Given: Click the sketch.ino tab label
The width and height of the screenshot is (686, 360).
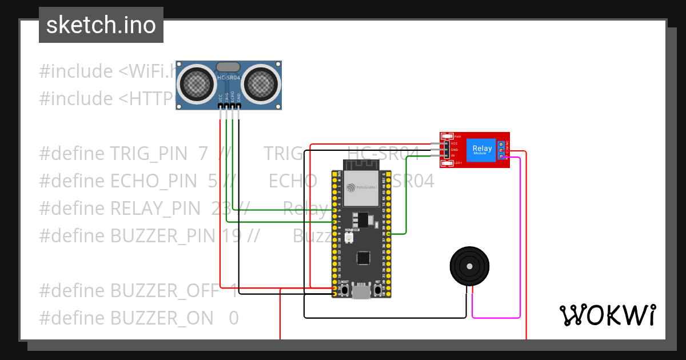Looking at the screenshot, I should pyautogui.click(x=101, y=25).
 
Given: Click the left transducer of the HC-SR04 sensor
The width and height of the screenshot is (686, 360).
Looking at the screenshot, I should pyautogui.click(x=197, y=84).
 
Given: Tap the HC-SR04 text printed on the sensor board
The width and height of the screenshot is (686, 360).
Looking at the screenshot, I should pyautogui.click(x=229, y=78).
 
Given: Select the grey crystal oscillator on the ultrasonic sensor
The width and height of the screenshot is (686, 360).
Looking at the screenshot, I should pyautogui.click(x=229, y=67).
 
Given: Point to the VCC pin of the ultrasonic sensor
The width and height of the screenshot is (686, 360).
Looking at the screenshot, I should pyautogui.click(x=220, y=106).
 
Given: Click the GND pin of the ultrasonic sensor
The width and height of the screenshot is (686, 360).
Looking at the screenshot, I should pyautogui.click(x=239, y=106).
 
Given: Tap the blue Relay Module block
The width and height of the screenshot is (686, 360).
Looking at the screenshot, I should pyautogui.click(x=480, y=150).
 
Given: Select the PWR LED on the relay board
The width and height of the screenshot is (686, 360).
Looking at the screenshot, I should pyautogui.click(x=450, y=137).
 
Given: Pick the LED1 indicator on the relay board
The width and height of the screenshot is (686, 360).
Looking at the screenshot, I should pyautogui.click(x=450, y=163).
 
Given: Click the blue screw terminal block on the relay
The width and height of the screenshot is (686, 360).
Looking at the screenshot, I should pyautogui.click(x=501, y=150).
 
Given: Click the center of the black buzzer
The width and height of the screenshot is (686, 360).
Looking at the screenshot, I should pyautogui.click(x=469, y=266).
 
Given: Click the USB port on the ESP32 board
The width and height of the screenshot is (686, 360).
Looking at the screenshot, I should pyautogui.click(x=361, y=291).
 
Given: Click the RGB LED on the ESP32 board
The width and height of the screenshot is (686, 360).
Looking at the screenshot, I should pyautogui.click(x=348, y=237).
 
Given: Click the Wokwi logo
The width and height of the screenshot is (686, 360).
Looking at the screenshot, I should pyautogui.click(x=607, y=315).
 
